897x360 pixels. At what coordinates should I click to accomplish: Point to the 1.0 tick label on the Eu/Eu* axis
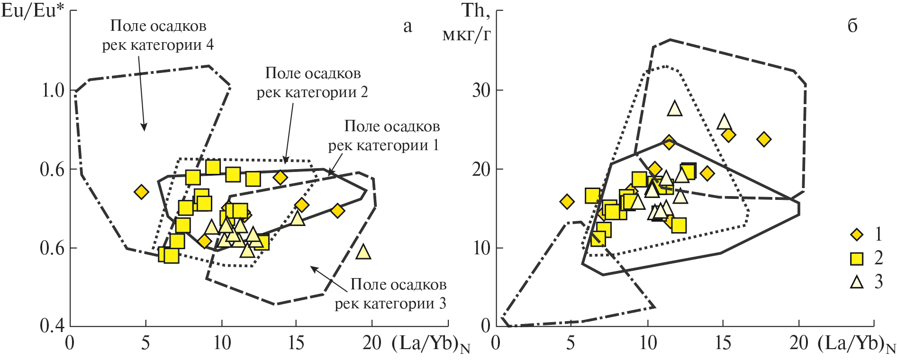click(53, 90)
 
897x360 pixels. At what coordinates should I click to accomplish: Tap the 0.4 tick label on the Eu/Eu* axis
click(53, 325)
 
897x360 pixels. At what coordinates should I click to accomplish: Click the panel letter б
click(852, 26)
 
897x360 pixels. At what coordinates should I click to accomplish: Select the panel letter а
click(408, 26)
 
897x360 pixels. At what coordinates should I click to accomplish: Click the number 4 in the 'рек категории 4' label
click(209, 45)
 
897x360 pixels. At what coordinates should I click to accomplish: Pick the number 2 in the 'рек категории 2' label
click(363, 92)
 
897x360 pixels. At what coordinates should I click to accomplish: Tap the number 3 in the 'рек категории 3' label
click(442, 303)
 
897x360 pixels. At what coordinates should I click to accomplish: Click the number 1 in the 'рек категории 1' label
click(435, 145)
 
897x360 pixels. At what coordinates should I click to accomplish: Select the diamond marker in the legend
click(857, 234)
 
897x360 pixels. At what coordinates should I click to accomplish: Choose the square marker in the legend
click(857, 258)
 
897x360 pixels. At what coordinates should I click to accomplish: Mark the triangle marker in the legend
click(857, 282)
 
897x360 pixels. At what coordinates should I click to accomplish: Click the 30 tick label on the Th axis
click(481, 90)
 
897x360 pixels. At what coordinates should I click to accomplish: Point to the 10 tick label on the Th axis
click(481, 248)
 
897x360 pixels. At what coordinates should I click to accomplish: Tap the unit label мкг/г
click(466, 34)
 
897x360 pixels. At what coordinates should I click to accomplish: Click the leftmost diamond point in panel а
click(141, 192)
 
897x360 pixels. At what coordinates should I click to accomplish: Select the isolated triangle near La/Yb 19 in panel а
click(363, 252)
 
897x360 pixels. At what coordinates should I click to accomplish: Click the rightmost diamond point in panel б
click(764, 139)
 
